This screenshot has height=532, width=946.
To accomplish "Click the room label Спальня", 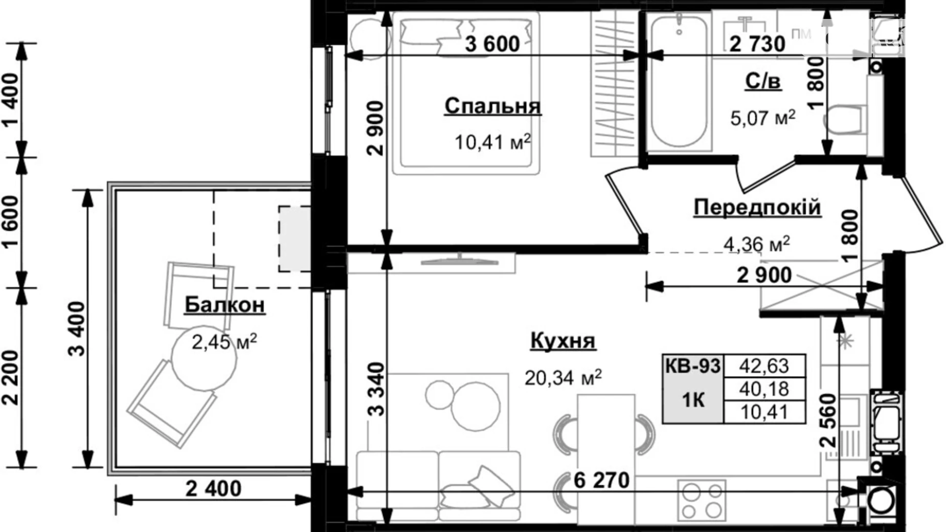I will click(492, 106).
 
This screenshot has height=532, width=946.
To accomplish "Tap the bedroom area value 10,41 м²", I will click(492, 142).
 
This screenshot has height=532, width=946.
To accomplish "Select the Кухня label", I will click(562, 341).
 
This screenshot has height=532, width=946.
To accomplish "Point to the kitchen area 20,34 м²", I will click(562, 378).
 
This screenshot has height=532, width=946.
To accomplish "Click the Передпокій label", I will click(757, 207).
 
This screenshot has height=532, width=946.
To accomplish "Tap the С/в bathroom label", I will click(762, 81).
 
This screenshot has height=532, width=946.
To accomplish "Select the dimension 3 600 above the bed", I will click(492, 44).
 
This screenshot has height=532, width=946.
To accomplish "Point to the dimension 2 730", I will click(757, 44).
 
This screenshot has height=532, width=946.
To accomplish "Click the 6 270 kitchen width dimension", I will click(601, 480).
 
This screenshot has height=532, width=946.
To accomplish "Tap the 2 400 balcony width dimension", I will click(213, 489).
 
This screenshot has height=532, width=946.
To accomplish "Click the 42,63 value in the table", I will click(764, 366).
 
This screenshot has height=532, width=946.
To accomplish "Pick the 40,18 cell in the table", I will click(764, 389).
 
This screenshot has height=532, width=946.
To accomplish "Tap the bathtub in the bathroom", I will click(679, 82).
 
